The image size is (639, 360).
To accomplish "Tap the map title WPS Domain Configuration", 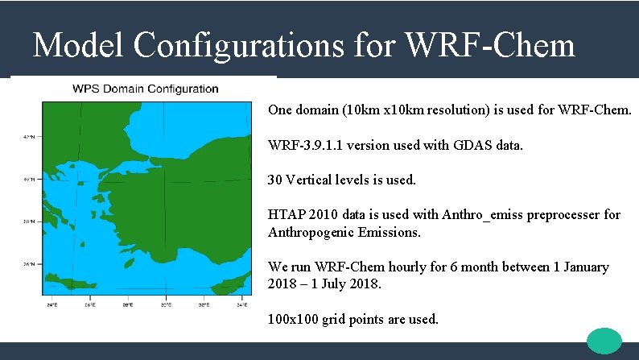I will click(x=146, y=89).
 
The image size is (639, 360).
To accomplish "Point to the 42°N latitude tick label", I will click(x=29, y=138).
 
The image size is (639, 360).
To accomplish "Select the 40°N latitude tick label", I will click(x=29, y=180).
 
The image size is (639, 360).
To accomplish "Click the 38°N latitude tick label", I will click(x=29, y=221).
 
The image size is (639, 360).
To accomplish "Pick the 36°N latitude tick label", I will click(x=29, y=263).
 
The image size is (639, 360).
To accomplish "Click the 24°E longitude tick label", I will click(x=52, y=305).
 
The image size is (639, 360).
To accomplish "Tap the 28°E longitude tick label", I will click(x=127, y=305).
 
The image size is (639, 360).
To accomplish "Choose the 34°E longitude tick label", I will click(x=241, y=305).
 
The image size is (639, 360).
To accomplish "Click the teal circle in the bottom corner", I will click(x=604, y=341).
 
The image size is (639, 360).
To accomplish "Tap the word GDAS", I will click(x=473, y=146).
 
